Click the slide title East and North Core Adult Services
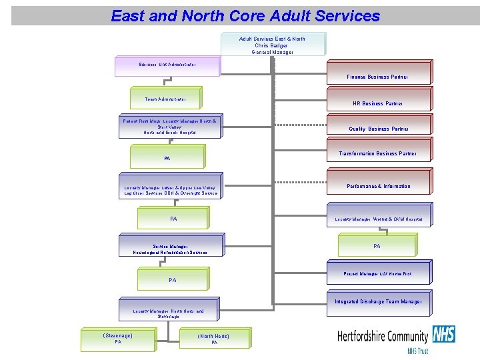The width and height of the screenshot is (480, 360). [245, 15]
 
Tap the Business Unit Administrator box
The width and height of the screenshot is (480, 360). [167, 65]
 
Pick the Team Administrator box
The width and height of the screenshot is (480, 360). [167, 99]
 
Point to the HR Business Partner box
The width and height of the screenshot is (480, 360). [377, 103]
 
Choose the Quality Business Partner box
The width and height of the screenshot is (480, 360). [377, 129]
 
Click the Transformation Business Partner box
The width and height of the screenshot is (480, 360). [377, 153]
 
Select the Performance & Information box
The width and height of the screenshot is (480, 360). [377, 186]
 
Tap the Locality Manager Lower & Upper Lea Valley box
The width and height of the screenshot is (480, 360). [171, 191]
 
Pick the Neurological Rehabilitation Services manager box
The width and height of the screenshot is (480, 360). [170, 249]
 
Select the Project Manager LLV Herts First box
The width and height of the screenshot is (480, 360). [377, 274]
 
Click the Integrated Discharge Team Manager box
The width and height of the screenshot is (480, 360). [377, 302]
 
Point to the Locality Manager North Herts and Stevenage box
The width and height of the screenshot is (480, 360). [169, 313]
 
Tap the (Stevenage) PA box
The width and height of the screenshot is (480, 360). [118, 338]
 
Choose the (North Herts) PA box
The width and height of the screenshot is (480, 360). [214, 339]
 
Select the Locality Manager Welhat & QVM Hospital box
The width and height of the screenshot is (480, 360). [377, 218]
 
